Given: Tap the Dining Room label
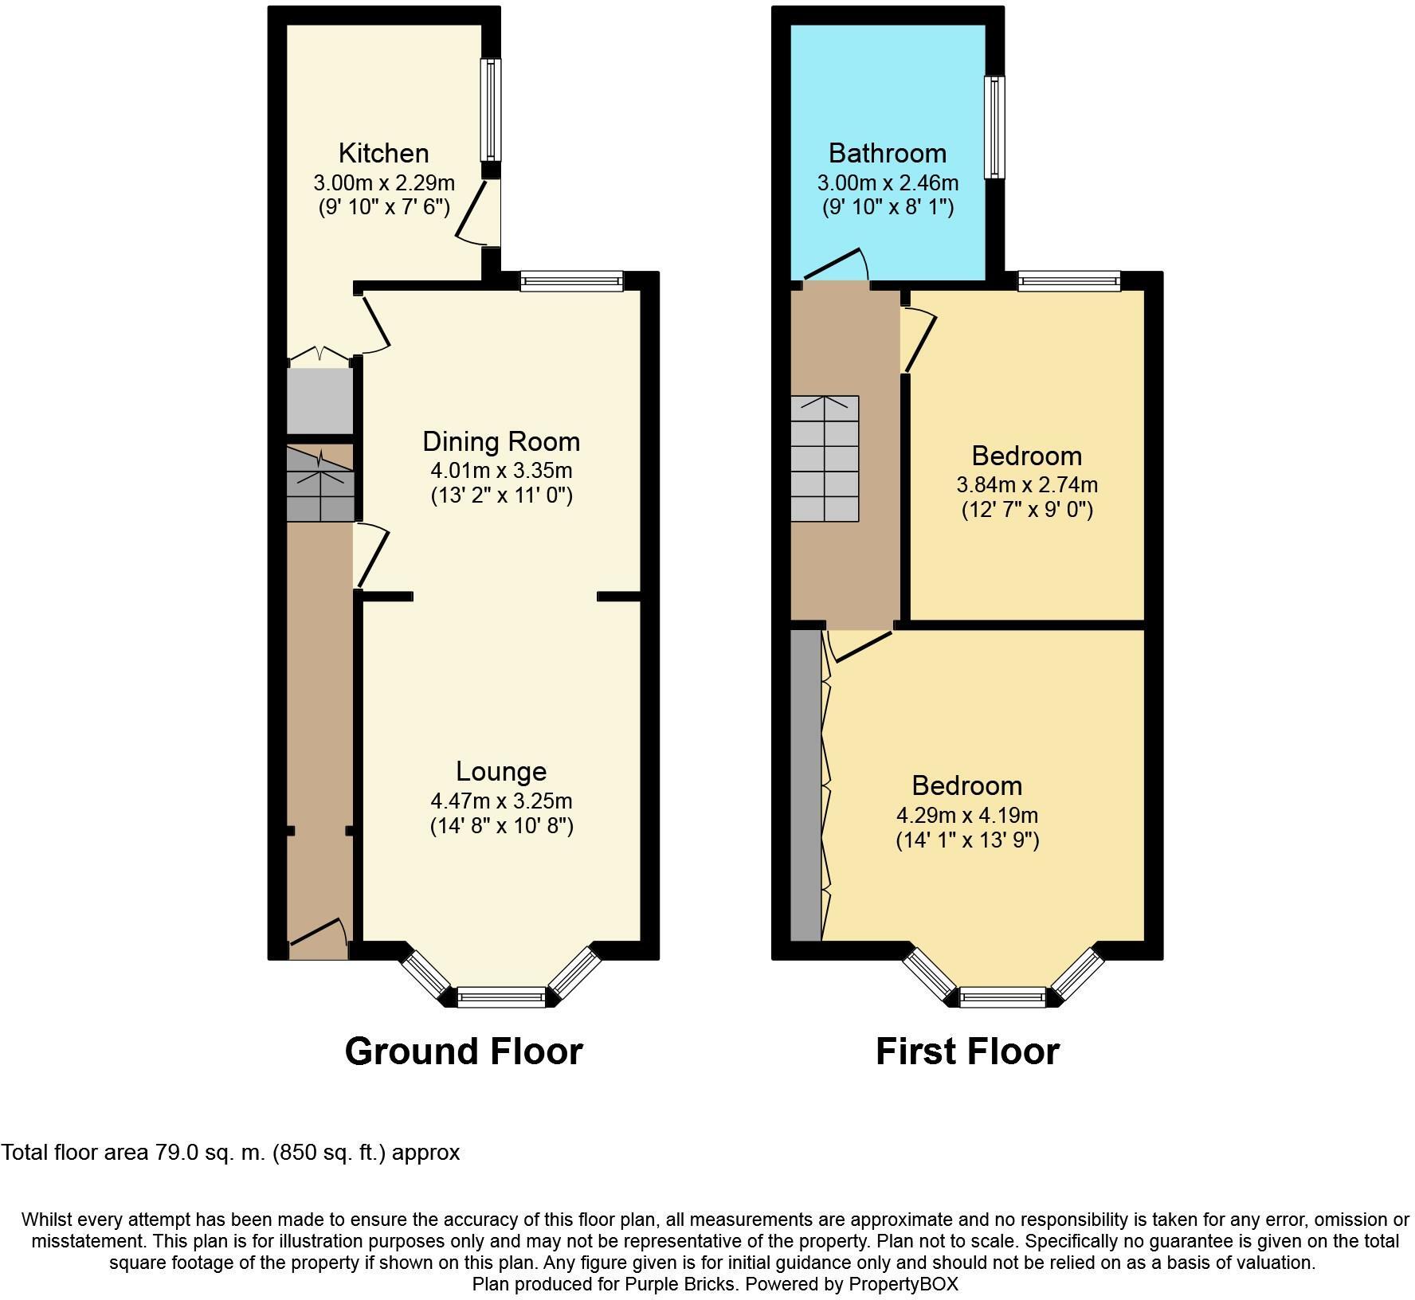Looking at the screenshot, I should pyautogui.click(x=500, y=441).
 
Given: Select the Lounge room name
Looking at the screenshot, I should pyautogui.click(x=501, y=771).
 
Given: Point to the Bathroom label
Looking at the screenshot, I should pyautogui.click(x=888, y=153).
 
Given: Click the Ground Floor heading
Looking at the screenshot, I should pyautogui.click(x=464, y=1051).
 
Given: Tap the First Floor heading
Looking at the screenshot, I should pyautogui.click(x=967, y=1051).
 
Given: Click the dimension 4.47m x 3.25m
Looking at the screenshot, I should pyautogui.click(x=501, y=801).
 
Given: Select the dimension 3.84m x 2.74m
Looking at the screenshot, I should pyautogui.click(x=1026, y=484).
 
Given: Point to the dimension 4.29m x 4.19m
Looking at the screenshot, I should pyautogui.click(x=967, y=816).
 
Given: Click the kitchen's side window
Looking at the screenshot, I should pyautogui.click(x=492, y=109).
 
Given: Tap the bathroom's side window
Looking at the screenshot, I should pyautogui.click(x=994, y=127).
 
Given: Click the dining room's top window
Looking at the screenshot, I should pyautogui.click(x=571, y=280).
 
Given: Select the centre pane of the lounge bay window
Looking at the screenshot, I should pyautogui.click(x=501, y=997).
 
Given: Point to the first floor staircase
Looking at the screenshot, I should pyautogui.click(x=825, y=458).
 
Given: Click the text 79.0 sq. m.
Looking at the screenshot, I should pyautogui.click(x=209, y=1153).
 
